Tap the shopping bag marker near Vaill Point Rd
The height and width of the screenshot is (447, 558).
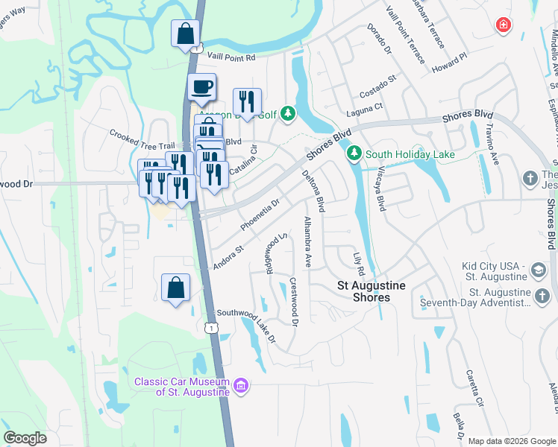[x=185, y=34]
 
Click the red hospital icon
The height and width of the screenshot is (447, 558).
[x=504, y=25]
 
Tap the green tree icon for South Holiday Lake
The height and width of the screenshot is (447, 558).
[x=354, y=154]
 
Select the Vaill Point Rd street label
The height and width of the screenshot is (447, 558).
[x=231, y=57]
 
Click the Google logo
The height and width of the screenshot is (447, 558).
[x=25, y=438]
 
